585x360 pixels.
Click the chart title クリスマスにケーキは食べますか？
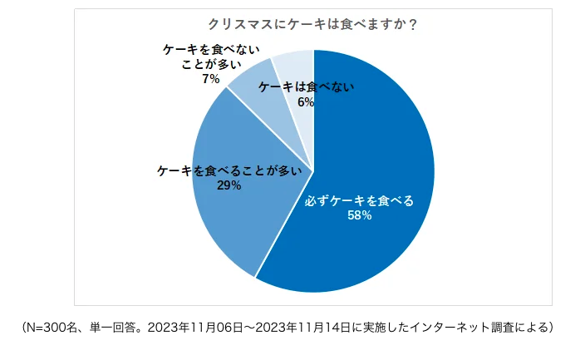coord(312,24)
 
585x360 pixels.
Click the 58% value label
coord(359,215)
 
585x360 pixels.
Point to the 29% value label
coord(229,185)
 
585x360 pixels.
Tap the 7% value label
coord(210,79)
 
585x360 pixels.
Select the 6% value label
coord(305,101)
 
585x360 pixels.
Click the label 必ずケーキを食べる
coord(359,200)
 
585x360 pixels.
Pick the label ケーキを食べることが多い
coord(229,170)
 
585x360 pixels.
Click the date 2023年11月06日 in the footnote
coord(189,327)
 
